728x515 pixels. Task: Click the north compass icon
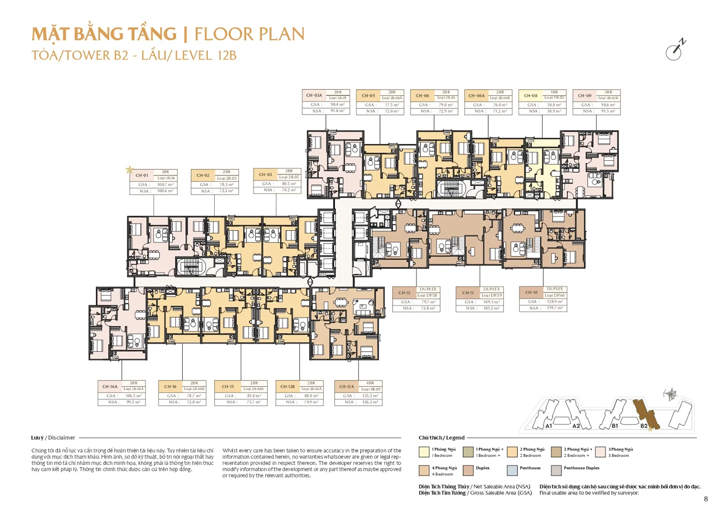[675, 50]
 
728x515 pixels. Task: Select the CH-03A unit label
[314, 95]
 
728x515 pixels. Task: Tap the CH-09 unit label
[584, 95]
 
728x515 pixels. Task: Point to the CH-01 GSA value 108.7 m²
[165, 185]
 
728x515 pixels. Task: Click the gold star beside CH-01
[129, 169]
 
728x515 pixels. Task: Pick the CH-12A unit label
[346, 386]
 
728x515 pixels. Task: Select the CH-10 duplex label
[531, 292]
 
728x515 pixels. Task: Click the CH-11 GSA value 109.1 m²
[491, 302]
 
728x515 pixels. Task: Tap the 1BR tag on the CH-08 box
[554, 92]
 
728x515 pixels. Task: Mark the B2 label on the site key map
[644, 426]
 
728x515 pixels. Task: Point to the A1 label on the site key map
[549, 426]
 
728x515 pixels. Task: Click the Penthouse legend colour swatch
[512, 471]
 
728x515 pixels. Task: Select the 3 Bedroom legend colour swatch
[600, 452]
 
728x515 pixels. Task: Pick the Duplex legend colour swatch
[468, 471]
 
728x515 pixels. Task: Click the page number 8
[706, 499]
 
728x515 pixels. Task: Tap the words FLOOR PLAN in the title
[249, 34]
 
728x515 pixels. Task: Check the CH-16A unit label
[110, 386]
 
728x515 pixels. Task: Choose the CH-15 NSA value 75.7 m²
[253, 402]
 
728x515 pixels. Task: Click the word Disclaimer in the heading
[62, 438]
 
